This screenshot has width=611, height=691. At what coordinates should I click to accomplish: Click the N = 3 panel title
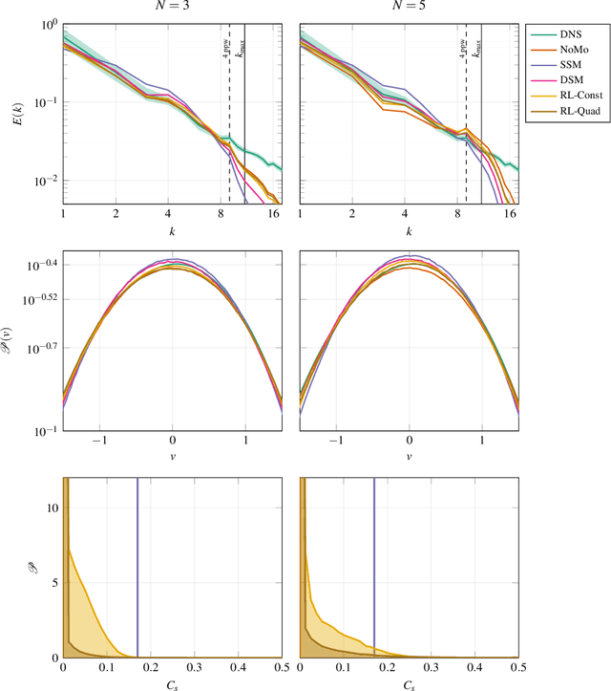tap(172, 9)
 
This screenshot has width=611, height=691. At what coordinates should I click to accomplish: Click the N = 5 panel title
tap(409, 9)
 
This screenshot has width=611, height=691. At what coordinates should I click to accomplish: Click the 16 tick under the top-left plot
tap(273, 216)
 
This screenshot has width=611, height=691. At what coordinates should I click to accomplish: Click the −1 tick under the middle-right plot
tap(335, 443)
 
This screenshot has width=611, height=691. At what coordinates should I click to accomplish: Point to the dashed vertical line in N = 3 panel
tap(229, 143)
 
